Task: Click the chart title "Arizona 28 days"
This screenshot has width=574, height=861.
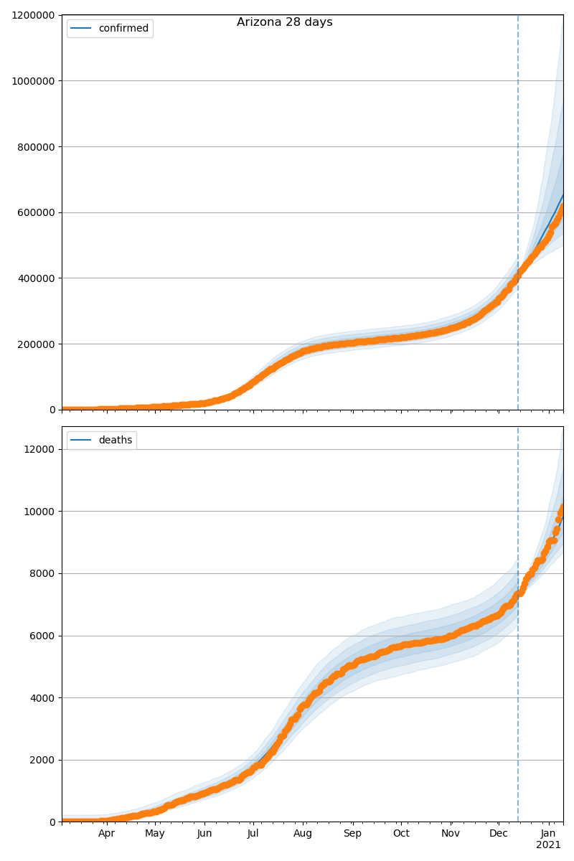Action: (x=285, y=22)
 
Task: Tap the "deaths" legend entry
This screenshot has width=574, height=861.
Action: (x=115, y=440)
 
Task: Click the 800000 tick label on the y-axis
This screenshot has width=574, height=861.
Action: (x=37, y=147)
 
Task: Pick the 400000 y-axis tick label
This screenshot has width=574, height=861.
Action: (x=37, y=278)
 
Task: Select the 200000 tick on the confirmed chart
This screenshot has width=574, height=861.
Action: (x=37, y=344)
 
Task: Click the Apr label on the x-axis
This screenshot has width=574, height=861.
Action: (x=107, y=834)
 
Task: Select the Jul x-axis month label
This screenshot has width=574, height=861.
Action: (x=253, y=834)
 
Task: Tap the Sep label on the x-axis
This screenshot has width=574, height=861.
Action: (x=352, y=834)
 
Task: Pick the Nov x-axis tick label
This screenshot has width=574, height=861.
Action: (x=451, y=834)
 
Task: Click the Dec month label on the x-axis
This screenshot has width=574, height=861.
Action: (x=499, y=834)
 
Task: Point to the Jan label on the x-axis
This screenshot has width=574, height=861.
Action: (x=548, y=834)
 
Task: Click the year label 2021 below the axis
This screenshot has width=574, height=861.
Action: (x=548, y=845)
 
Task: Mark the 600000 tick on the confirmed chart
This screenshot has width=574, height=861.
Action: (x=37, y=212)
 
